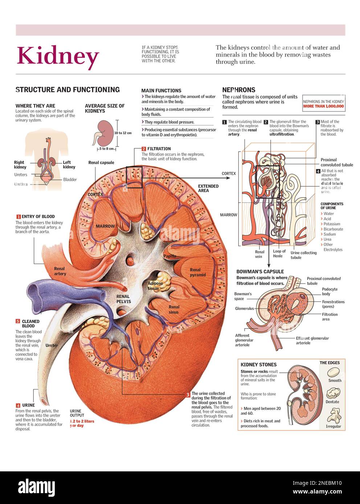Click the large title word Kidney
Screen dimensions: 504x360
[58, 56]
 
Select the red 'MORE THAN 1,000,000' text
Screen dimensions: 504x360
[323, 106]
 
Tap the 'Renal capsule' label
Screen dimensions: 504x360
[101, 162]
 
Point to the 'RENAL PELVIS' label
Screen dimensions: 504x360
[123, 299]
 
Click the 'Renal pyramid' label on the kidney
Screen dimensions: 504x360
[197, 272]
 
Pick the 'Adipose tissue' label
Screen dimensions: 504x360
[154, 286]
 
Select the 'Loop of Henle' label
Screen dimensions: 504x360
[279, 253]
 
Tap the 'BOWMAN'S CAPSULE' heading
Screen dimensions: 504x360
[260, 271]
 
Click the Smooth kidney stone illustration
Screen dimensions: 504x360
[334, 372]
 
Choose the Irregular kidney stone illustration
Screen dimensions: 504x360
[334, 415]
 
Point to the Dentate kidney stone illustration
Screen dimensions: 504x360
[333, 393]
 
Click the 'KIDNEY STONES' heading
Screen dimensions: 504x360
[258, 364]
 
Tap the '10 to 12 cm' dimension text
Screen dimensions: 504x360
[123, 133]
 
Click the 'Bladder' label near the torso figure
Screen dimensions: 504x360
[70, 179]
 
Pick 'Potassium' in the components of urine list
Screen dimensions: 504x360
[332, 224]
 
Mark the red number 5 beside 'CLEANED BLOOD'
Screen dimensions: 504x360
[17, 321]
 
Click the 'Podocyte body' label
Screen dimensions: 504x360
[329, 292]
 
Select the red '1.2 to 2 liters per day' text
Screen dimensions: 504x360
[82, 424]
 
